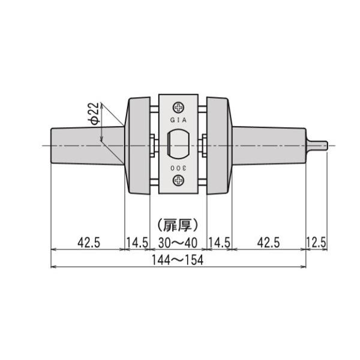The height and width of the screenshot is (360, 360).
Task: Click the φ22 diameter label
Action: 94,113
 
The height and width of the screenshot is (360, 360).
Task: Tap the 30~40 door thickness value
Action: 178,242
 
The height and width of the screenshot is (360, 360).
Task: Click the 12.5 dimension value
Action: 316,242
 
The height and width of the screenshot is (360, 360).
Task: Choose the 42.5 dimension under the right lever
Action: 268,242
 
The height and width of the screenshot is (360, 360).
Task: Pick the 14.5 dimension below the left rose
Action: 137,242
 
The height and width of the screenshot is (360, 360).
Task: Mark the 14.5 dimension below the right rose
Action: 219,242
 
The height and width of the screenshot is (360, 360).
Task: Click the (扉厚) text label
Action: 178,225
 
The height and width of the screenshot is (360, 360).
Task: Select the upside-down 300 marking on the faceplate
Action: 179,168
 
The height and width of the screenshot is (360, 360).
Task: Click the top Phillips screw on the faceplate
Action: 179,108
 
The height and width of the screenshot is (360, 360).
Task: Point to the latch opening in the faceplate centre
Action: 178,145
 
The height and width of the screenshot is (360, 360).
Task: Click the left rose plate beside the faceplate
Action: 138,145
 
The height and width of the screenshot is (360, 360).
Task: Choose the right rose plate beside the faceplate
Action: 218,145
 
